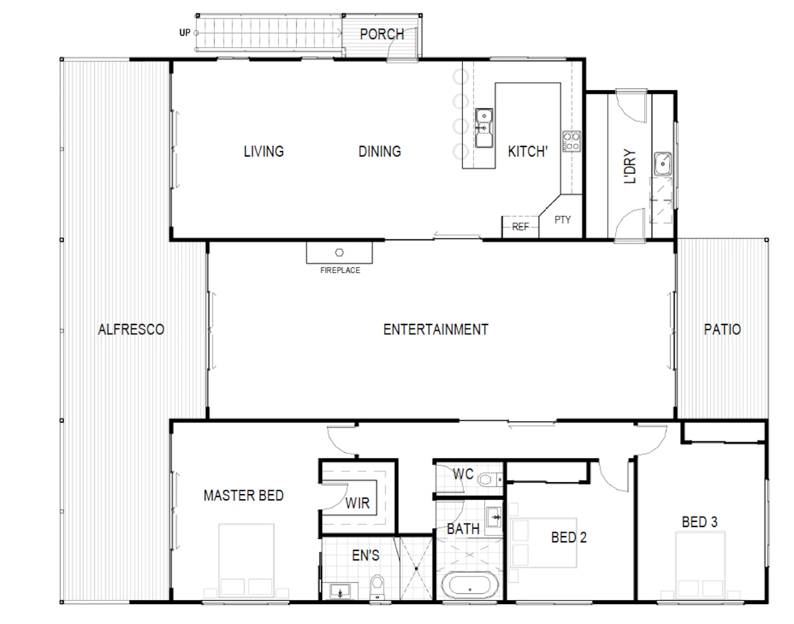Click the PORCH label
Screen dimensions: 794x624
382,35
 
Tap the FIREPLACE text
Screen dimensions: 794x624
340,271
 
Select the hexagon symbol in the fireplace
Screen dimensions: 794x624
340,252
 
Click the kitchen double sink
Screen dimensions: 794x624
484,128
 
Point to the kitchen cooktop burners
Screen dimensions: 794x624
572,141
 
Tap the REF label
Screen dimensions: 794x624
520,227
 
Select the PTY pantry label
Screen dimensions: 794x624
563,220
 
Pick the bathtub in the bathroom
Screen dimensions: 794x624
470,585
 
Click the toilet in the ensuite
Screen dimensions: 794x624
377,588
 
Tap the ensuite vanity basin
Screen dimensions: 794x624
340,591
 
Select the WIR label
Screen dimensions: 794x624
357,503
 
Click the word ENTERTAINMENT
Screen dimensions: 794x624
436,330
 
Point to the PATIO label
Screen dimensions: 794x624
723,330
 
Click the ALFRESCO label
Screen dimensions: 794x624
131,330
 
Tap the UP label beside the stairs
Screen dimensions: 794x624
185,33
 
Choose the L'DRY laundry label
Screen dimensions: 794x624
630,166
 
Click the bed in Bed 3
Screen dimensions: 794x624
700,566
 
